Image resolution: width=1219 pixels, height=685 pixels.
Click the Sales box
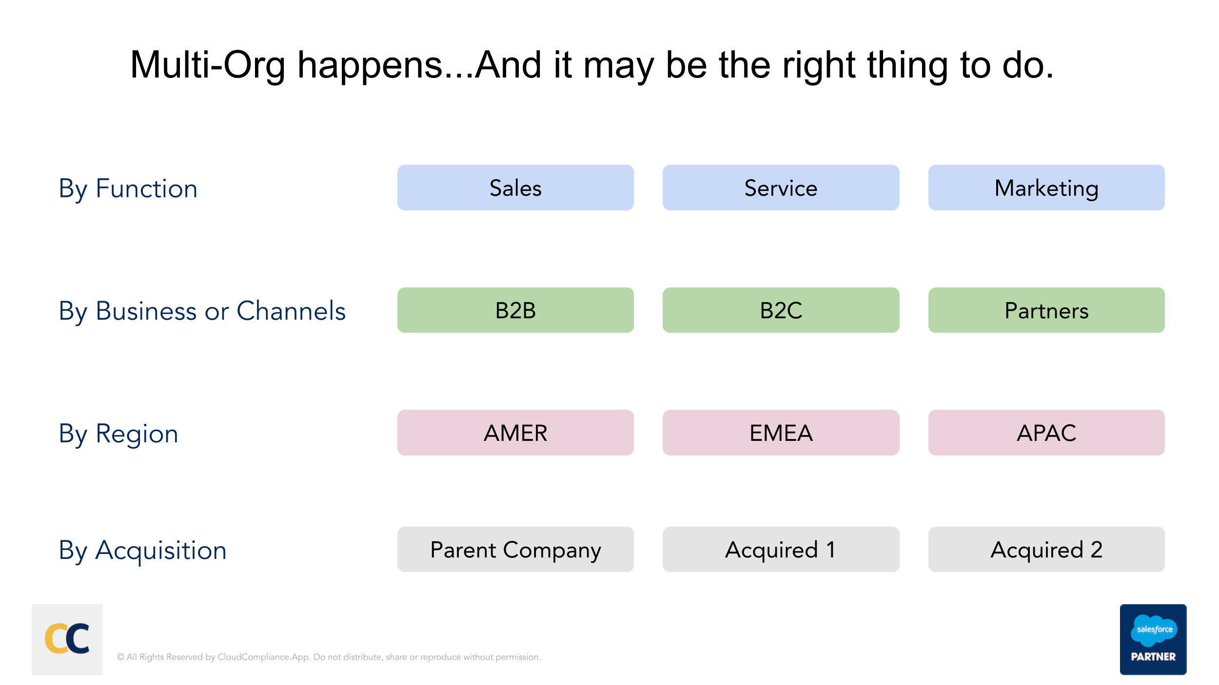[515, 188]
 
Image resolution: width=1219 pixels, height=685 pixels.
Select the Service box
[781, 188]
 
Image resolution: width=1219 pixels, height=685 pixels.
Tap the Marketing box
[1046, 188]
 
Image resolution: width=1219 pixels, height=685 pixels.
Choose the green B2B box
[515, 310]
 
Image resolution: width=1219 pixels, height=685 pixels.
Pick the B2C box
[781, 310]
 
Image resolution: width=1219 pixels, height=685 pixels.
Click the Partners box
[1046, 310]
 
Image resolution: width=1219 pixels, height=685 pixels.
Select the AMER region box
[515, 433]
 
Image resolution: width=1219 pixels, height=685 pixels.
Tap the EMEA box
[781, 433]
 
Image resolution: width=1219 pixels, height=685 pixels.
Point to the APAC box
[1046, 433]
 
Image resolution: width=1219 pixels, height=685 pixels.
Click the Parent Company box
[515, 549]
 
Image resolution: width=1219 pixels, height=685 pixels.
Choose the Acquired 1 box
[781, 549]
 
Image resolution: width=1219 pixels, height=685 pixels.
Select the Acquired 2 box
[1046, 549]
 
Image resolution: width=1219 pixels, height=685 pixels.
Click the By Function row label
[128, 189]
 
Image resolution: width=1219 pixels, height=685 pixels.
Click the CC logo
[67, 639]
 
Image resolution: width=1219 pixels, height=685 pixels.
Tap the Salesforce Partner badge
[1153, 639]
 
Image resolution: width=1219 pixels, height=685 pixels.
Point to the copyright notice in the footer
[329, 657]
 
